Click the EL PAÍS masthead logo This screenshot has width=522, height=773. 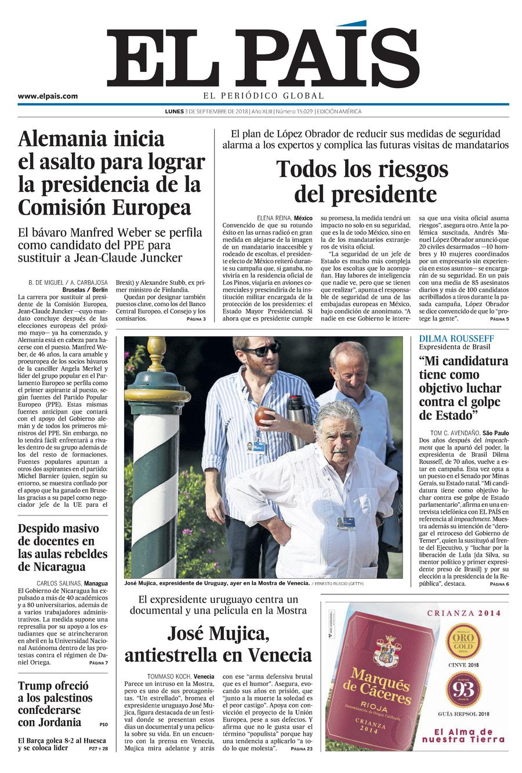(263, 58)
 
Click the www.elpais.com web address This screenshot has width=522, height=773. (48, 96)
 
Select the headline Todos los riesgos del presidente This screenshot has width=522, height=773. (362, 180)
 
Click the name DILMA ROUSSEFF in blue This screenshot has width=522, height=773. (456, 338)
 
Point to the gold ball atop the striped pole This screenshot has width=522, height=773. (156, 346)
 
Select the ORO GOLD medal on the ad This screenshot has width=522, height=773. (462, 641)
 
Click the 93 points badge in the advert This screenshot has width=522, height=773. (462, 689)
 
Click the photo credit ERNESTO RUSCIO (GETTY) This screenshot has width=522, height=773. (340, 583)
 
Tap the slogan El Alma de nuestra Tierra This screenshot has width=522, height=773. (465, 735)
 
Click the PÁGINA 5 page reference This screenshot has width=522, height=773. (499, 320)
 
